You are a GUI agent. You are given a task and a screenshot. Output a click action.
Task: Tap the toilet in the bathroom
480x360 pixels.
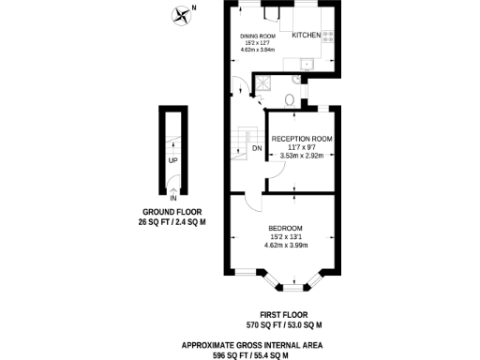(291, 97)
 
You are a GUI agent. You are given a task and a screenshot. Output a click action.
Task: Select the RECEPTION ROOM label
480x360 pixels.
(302, 139)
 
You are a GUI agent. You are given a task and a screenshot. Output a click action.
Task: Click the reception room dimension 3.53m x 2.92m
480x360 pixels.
(302, 157)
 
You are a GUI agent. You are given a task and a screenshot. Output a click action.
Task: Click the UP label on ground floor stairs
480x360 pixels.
(173, 160)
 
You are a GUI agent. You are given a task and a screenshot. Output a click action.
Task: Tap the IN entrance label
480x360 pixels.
(173, 198)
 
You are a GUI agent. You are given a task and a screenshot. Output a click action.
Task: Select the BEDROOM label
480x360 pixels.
(285, 229)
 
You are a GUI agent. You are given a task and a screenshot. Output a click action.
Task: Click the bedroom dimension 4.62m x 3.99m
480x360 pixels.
(285, 245)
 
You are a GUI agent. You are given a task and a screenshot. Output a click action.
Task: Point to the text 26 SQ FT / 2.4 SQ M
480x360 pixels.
(173, 223)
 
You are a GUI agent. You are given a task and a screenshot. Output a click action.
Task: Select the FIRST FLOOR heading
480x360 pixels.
(284, 315)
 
